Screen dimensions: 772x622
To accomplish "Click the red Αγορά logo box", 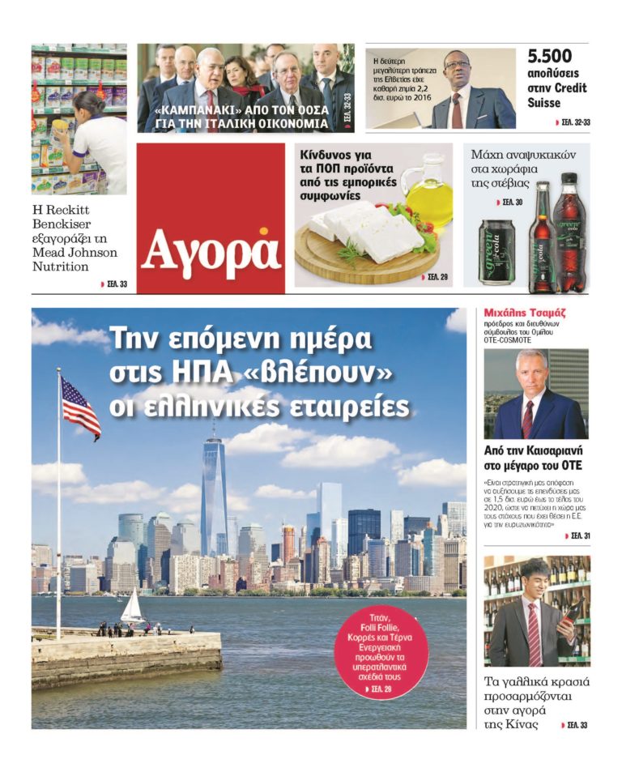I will [211, 217].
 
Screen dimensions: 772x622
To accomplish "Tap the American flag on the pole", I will [80, 407].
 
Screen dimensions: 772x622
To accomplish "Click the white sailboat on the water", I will [132, 608].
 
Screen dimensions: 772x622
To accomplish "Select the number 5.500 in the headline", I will [550, 57].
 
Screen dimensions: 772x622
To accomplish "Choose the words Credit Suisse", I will [557, 96].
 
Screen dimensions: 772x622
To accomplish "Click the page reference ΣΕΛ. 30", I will [509, 202].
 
